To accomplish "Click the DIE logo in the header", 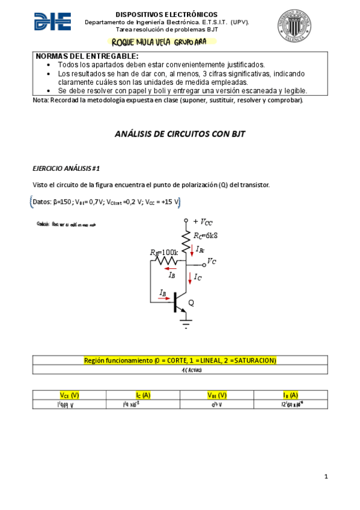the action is click(53, 22).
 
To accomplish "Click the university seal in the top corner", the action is click(294, 25).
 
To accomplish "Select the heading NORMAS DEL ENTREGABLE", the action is click(87, 56).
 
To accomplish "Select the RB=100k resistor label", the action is click(164, 251).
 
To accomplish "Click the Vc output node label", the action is click(212, 261).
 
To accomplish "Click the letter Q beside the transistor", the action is click(191, 303).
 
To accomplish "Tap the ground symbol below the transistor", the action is click(186, 325).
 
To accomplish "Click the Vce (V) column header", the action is click(69, 395).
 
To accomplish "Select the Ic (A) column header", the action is click(142, 395).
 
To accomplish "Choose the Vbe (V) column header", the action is click(217, 395).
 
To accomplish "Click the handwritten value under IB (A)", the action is click(291, 405).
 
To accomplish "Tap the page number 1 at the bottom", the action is click(326, 477).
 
